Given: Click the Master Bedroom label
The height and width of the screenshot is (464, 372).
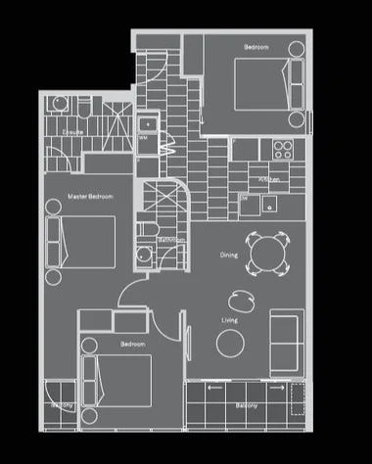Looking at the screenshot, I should tap(90, 197).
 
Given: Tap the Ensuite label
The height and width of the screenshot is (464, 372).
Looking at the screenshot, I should tap(71, 129).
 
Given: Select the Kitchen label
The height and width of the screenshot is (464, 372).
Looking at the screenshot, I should tap(271, 179).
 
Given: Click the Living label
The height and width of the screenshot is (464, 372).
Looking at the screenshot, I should tap(229, 320).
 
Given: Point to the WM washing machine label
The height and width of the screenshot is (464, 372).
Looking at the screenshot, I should tap(145, 138).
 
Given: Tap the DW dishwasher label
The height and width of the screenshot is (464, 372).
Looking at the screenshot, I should tap(243, 197).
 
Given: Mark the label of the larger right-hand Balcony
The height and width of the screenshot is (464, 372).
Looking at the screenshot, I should tap(247, 403).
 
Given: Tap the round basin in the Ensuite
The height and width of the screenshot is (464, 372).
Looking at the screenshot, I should tap(58, 108).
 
